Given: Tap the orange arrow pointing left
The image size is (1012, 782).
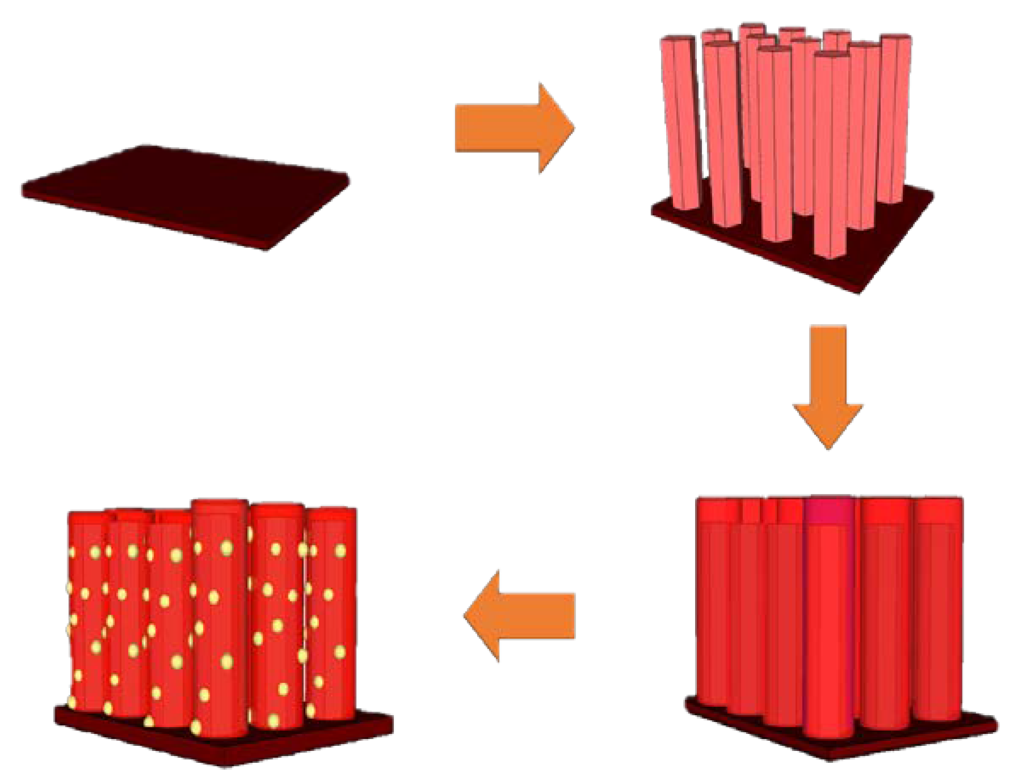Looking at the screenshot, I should [524, 616].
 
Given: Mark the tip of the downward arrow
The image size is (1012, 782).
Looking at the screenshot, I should [829, 447].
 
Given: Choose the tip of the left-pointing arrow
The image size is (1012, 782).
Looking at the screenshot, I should [465, 616].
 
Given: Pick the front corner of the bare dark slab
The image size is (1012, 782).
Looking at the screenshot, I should [266, 249].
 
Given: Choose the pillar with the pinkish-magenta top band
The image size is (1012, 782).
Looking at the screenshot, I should [830, 616].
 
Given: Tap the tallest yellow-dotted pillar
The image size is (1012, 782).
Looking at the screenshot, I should [220, 616].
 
